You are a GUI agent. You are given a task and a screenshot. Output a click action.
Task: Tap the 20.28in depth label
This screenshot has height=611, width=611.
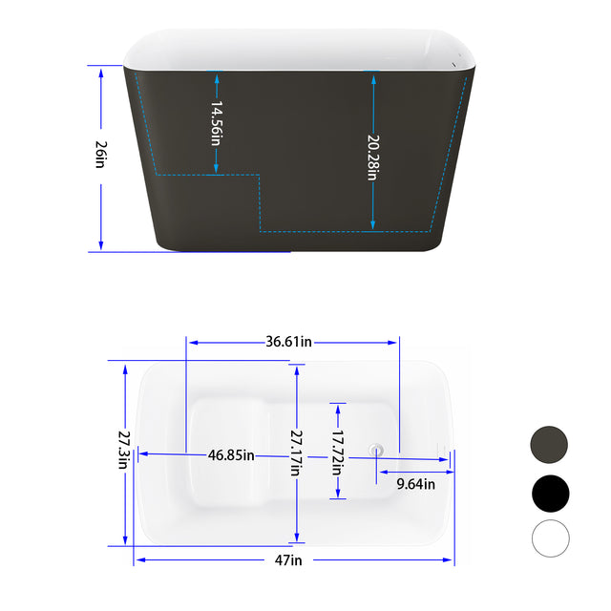(372, 157)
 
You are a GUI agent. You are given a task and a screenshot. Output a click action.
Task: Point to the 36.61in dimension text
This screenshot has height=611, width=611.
(289, 342)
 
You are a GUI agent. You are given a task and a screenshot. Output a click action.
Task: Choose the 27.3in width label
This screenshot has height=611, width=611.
(123, 450)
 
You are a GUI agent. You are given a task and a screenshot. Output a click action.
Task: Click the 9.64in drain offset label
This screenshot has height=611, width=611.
(415, 484)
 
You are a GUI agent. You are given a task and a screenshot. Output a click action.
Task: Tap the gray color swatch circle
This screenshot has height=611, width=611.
(549, 445)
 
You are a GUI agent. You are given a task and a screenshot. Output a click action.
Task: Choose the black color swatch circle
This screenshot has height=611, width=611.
(549, 493)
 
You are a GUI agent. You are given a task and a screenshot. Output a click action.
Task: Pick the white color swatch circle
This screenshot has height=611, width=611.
(549, 538)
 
